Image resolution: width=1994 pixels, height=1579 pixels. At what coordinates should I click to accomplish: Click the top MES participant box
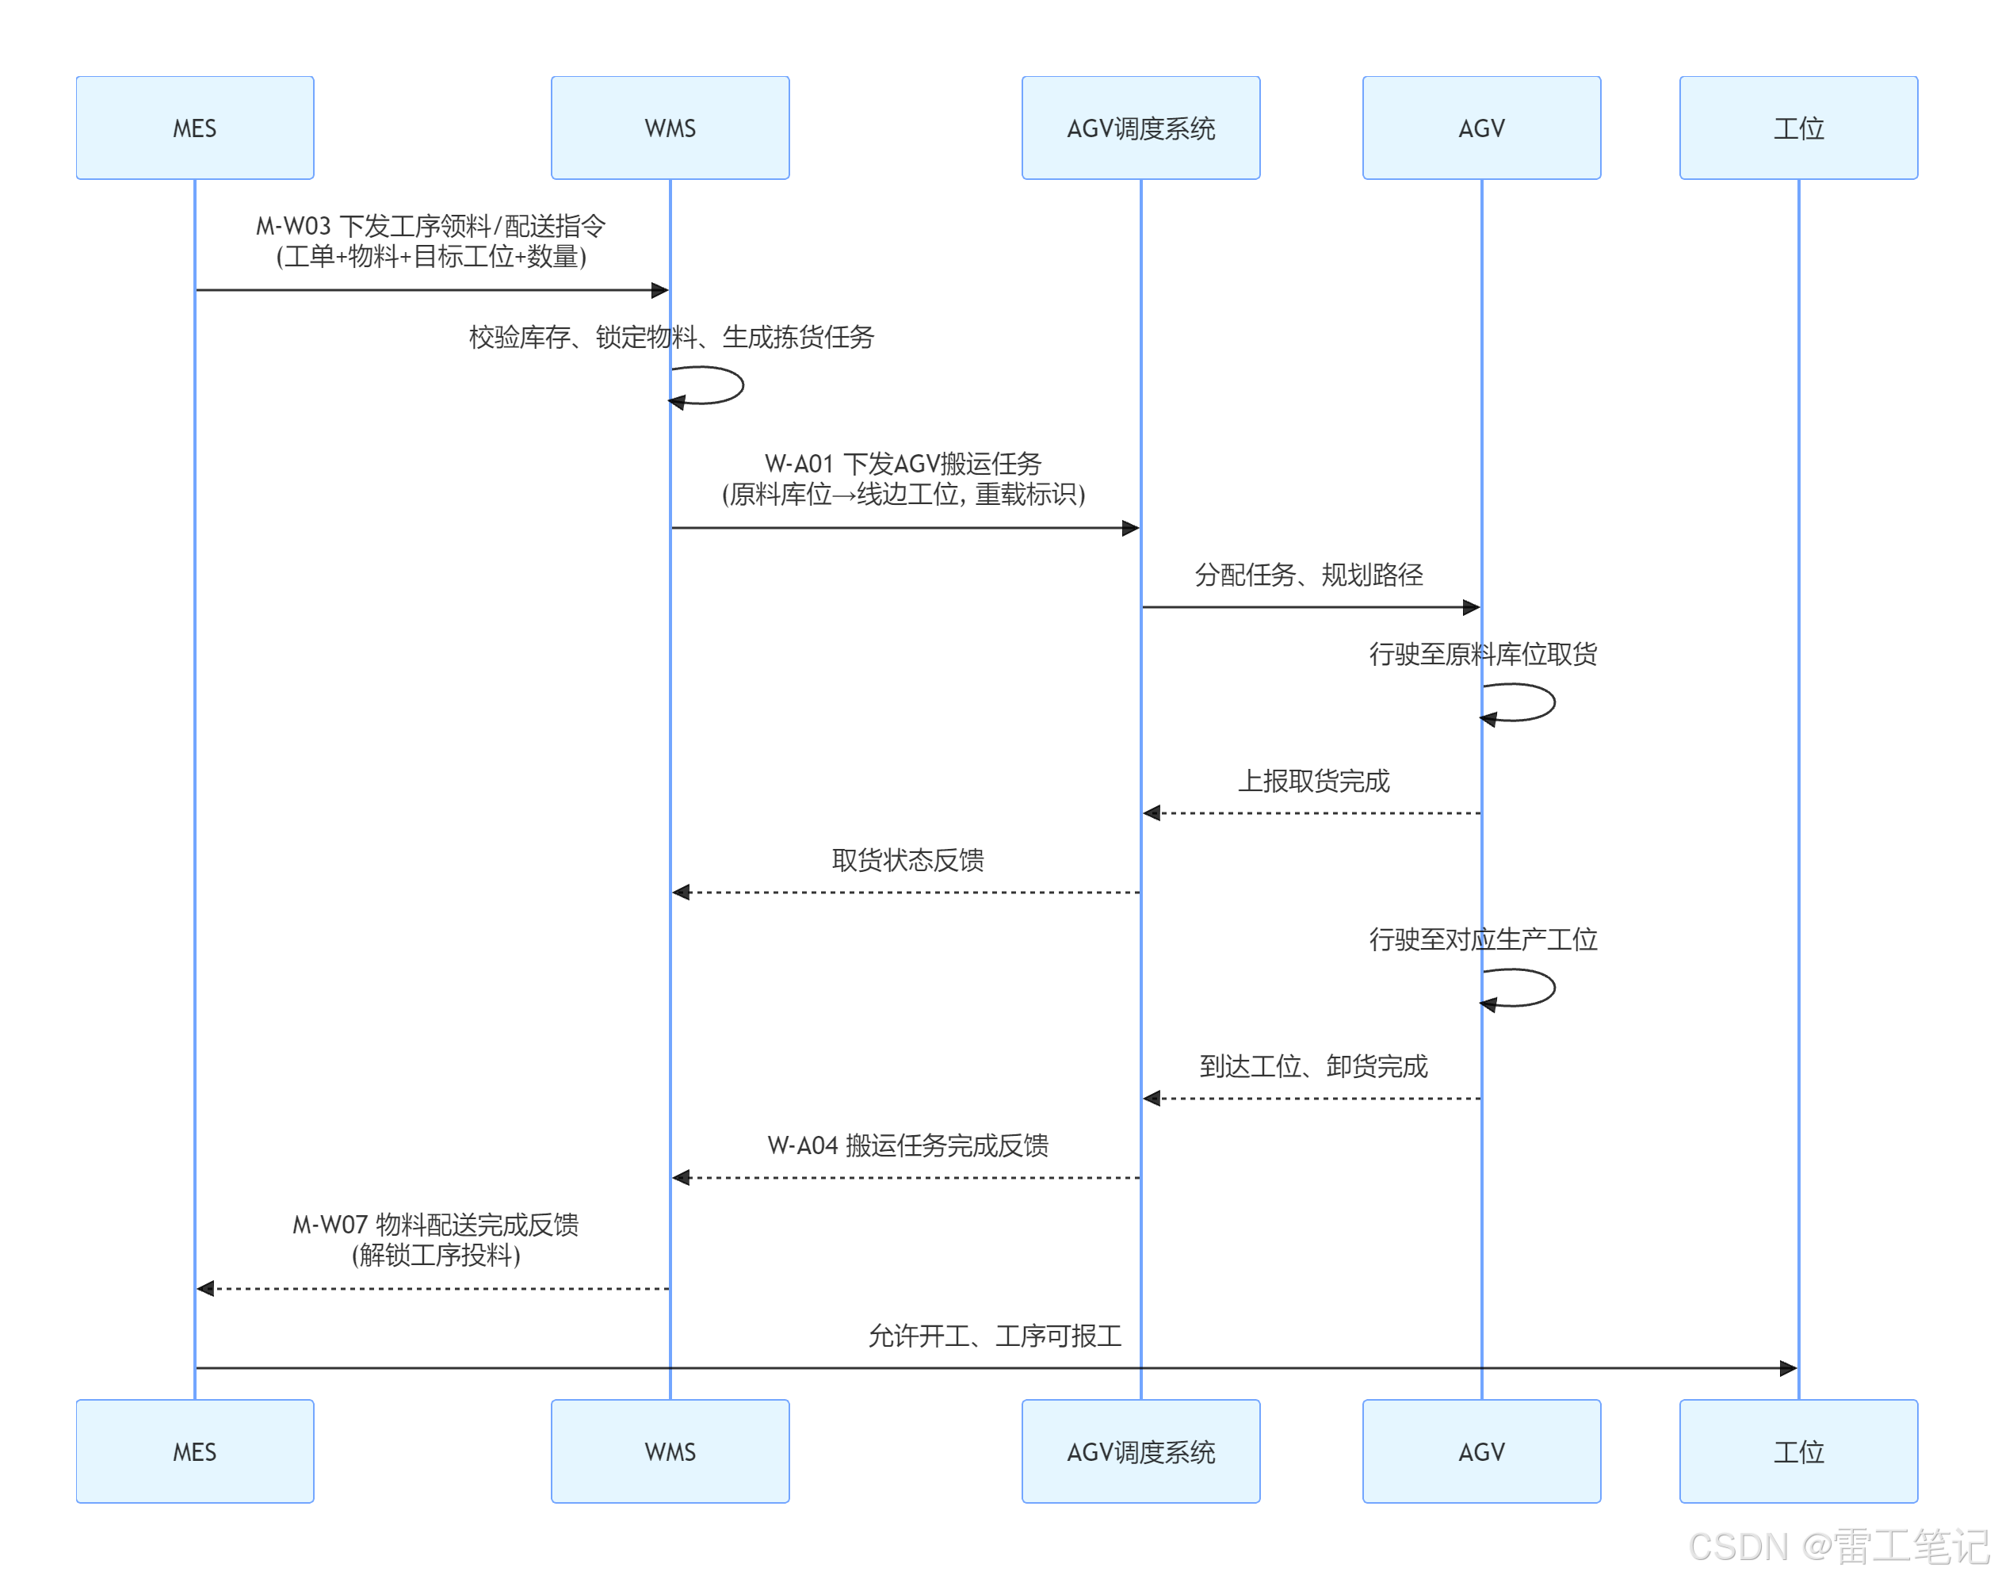click(x=194, y=128)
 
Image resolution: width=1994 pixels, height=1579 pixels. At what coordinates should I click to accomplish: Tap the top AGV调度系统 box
click(x=1140, y=128)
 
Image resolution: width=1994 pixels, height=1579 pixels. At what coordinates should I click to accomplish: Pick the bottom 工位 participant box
click(x=1797, y=1451)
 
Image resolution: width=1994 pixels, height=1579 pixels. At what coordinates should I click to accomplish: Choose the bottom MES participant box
click(x=194, y=1451)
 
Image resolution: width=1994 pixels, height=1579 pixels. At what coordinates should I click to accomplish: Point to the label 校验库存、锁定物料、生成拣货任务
click(x=670, y=337)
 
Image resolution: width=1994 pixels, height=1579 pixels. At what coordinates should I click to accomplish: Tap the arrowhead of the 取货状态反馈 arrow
click(x=682, y=892)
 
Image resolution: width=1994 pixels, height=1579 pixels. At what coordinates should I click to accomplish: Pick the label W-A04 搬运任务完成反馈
click(x=907, y=1145)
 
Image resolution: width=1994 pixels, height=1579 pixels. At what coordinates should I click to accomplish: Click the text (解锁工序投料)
click(x=435, y=1256)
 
